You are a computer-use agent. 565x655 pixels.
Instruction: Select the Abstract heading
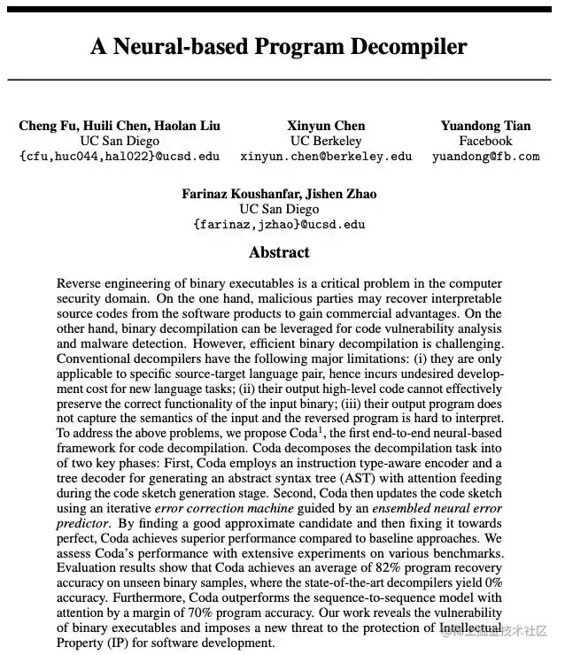[x=279, y=252]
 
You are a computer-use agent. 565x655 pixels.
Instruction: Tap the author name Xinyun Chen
[x=326, y=126]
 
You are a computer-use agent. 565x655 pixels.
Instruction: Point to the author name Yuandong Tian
[x=485, y=126]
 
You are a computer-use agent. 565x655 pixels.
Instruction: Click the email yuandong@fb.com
[x=485, y=156]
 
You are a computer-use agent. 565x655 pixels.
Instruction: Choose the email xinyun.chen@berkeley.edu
[x=326, y=156]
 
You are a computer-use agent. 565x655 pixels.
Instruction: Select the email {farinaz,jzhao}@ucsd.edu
[x=279, y=224]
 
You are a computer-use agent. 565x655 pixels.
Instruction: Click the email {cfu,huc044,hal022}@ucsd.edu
[x=120, y=156]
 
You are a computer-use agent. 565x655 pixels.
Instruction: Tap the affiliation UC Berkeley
[x=326, y=141]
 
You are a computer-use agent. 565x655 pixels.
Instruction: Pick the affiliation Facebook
[x=485, y=141]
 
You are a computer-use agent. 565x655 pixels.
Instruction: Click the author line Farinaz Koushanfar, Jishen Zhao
[x=279, y=194]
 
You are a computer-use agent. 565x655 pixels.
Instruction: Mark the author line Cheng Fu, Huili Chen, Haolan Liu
[x=120, y=126]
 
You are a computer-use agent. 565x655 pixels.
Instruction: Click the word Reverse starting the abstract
[x=81, y=284]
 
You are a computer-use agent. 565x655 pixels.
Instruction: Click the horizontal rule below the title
[x=279, y=80]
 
